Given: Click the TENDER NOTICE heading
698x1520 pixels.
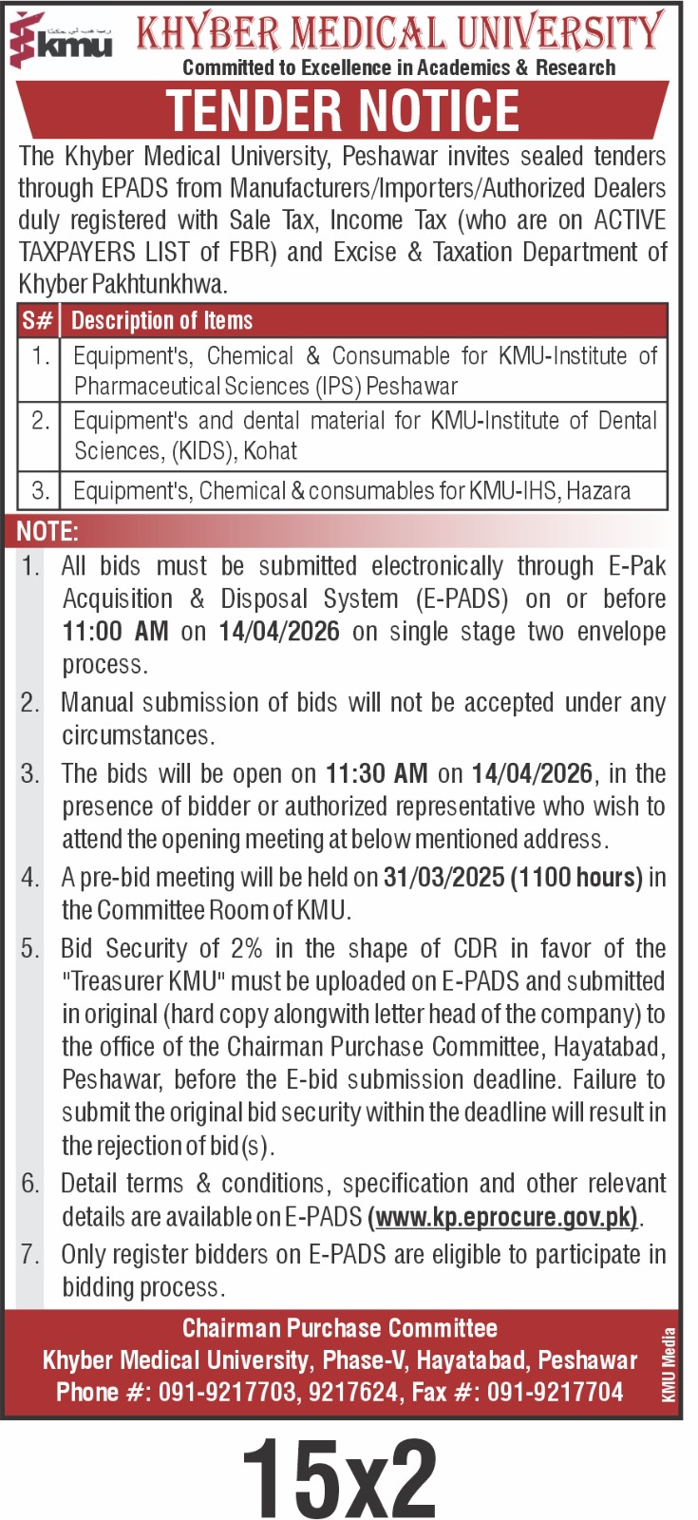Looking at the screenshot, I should click(x=343, y=110).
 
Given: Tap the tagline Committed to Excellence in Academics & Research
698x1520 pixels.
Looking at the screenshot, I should click(x=399, y=67).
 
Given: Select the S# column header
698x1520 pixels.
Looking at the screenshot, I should click(x=38, y=321).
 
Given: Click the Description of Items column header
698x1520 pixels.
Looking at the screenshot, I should click(x=162, y=321).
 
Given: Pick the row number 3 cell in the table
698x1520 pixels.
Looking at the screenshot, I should click(x=40, y=490).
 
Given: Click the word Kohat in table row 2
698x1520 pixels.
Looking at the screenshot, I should click(x=271, y=450).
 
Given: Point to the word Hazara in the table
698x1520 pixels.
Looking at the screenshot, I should click(x=599, y=490).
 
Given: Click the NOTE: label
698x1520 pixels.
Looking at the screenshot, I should click(x=47, y=531).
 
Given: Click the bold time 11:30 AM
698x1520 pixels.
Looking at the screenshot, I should click(x=376, y=773).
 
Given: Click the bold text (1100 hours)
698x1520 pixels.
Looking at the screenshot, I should click(x=576, y=877).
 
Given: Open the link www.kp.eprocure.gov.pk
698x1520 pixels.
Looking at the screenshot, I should click(x=503, y=1217).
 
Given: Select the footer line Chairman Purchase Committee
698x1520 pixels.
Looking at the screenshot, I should click(x=340, y=1328).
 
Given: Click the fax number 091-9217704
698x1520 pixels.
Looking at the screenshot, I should click(x=556, y=1393).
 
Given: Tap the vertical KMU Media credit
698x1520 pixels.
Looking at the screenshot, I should click(x=670, y=1364).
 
